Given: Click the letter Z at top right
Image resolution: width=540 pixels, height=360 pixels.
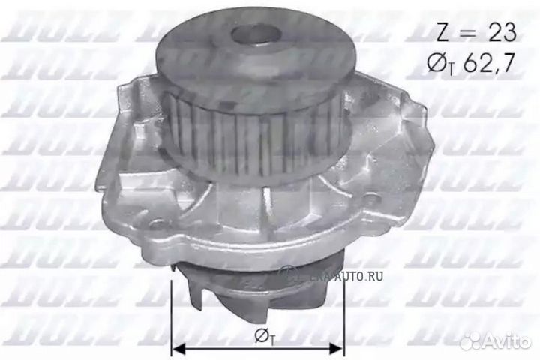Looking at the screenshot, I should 442,32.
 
